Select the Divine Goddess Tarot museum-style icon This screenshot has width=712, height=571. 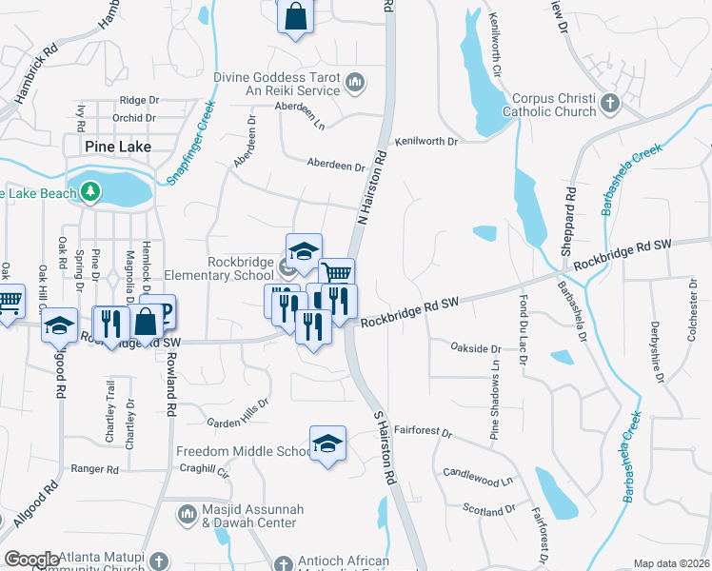355,84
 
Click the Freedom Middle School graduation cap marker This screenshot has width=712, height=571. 327,443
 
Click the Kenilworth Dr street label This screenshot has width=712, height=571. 427,141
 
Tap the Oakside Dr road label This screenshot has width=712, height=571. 475,348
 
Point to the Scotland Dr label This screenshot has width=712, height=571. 488,511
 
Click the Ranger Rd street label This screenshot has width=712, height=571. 94,469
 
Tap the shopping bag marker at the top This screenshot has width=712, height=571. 295,15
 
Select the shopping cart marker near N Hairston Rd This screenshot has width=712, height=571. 335,274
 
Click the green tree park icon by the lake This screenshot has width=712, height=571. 90,191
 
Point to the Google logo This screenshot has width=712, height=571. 31,560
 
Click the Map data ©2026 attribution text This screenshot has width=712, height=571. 670,563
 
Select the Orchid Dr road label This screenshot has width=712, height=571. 133,119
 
